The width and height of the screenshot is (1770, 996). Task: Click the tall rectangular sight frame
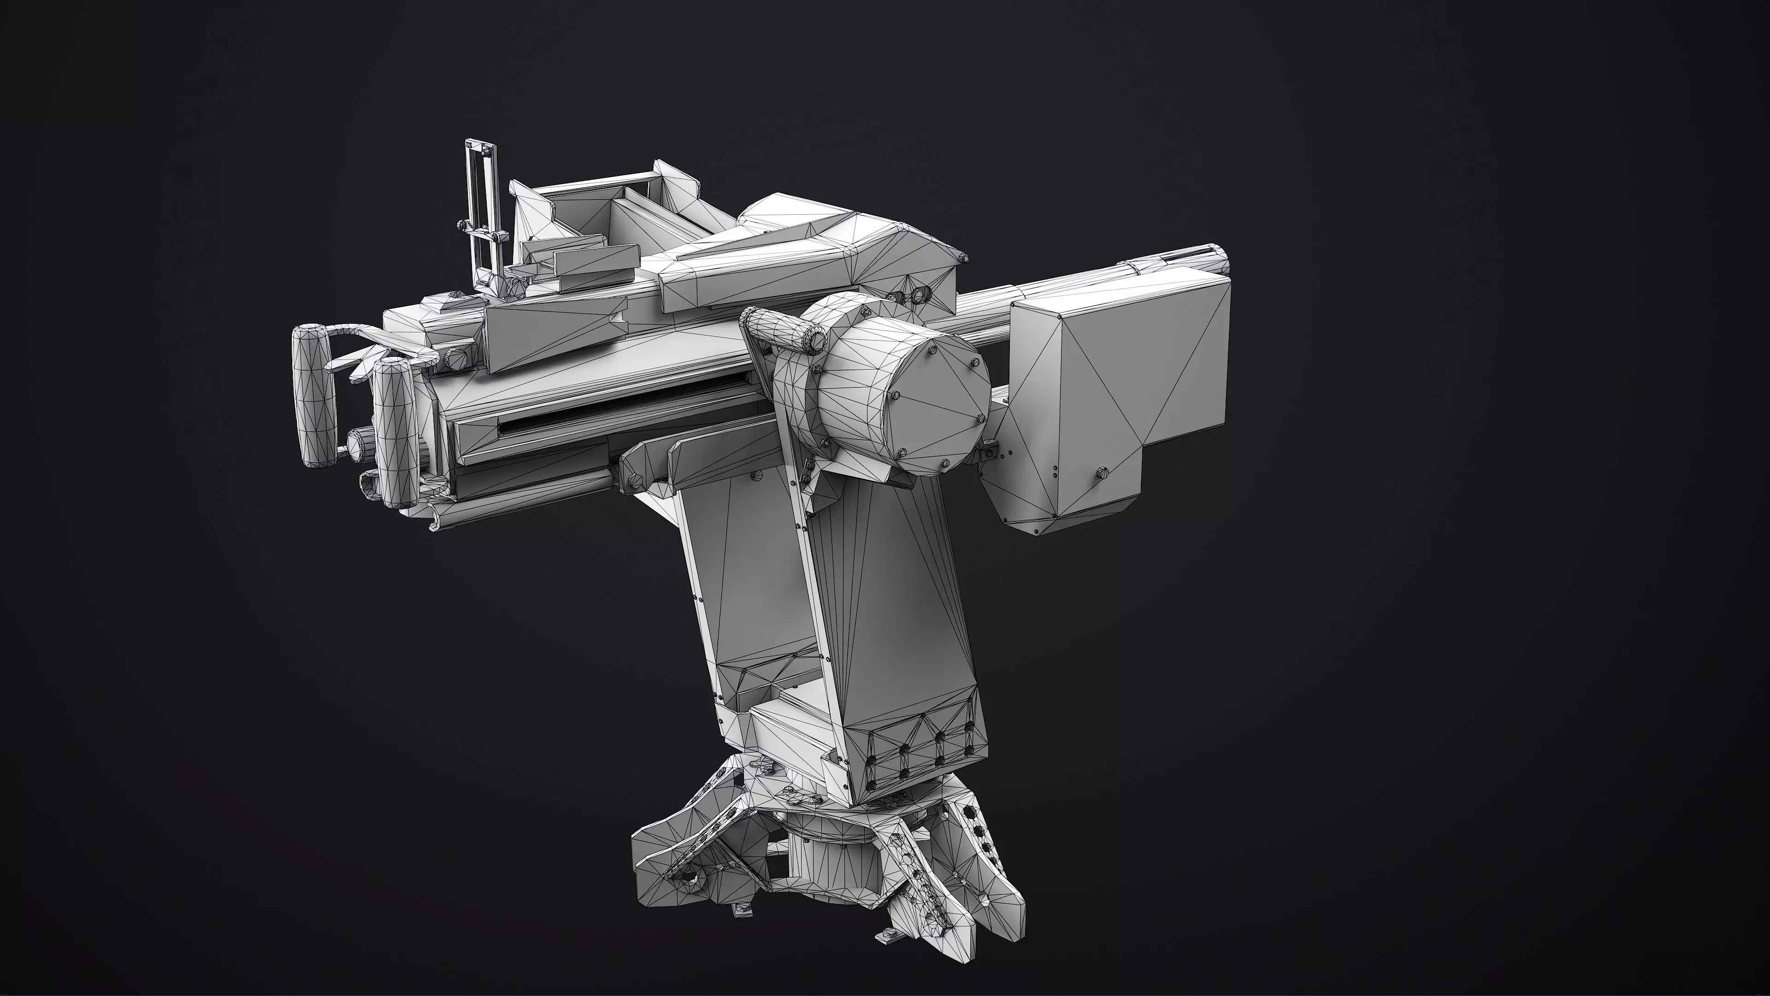479,206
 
